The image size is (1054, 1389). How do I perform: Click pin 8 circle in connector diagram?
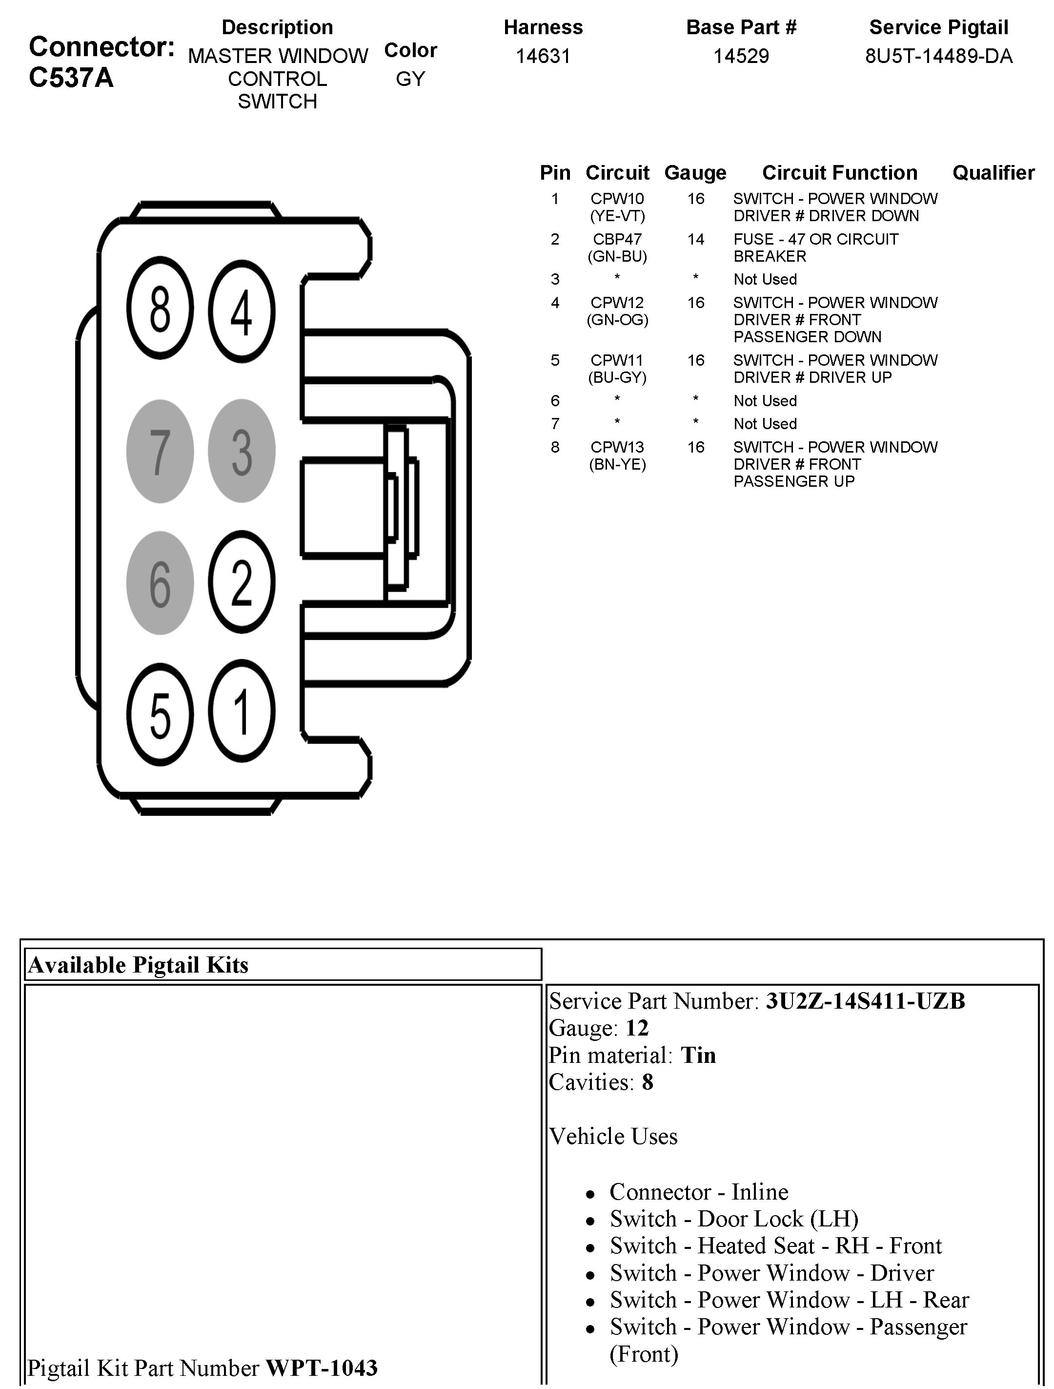point(160,309)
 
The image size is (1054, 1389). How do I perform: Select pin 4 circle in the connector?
point(242,311)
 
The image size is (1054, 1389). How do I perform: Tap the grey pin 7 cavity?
point(160,451)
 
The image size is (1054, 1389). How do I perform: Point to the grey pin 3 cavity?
point(242,451)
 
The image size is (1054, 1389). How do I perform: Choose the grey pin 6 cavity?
point(160,583)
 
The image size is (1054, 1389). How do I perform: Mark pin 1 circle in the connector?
point(242,711)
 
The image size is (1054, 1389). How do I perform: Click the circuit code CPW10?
point(617,199)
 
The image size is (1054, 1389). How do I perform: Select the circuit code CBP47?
point(617,239)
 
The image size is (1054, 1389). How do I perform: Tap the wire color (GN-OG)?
point(617,320)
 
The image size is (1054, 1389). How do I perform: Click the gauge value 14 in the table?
point(695,239)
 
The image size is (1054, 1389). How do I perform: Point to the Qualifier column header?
point(993,173)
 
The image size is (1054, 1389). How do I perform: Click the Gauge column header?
point(695,173)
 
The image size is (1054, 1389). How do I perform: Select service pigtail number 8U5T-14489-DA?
point(938,57)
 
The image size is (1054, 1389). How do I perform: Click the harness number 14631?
point(543,57)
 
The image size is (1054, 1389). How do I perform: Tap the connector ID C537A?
point(71,78)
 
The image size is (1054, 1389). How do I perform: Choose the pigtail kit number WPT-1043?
point(322,1367)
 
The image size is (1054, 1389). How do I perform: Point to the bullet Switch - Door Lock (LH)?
point(733,1219)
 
